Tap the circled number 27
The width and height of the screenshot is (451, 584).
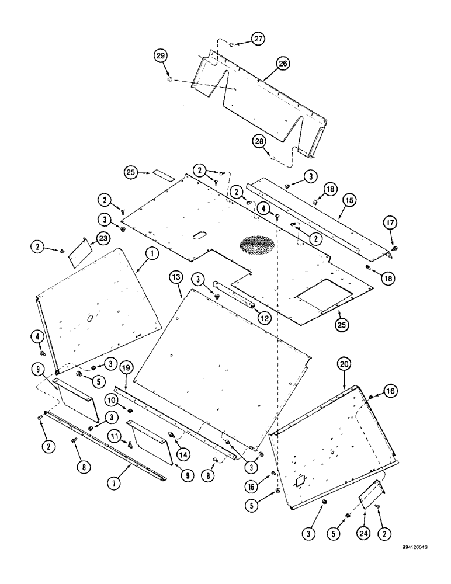pos(258,39)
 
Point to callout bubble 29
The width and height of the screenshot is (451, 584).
pos(161,56)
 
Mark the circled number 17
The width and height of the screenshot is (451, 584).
pos(390,222)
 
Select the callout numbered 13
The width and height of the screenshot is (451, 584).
pos(177,277)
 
